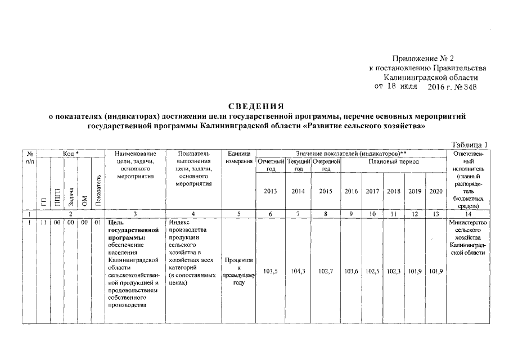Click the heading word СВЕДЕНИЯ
point(256,106)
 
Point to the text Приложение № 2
point(424,58)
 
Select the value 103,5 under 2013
point(271,271)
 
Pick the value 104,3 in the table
point(299,271)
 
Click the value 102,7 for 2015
point(326,271)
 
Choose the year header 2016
point(352,191)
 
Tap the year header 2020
point(435,191)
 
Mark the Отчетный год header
point(271,165)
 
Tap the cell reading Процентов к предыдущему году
point(238,271)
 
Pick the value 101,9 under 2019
point(414,271)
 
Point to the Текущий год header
point(299,165)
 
